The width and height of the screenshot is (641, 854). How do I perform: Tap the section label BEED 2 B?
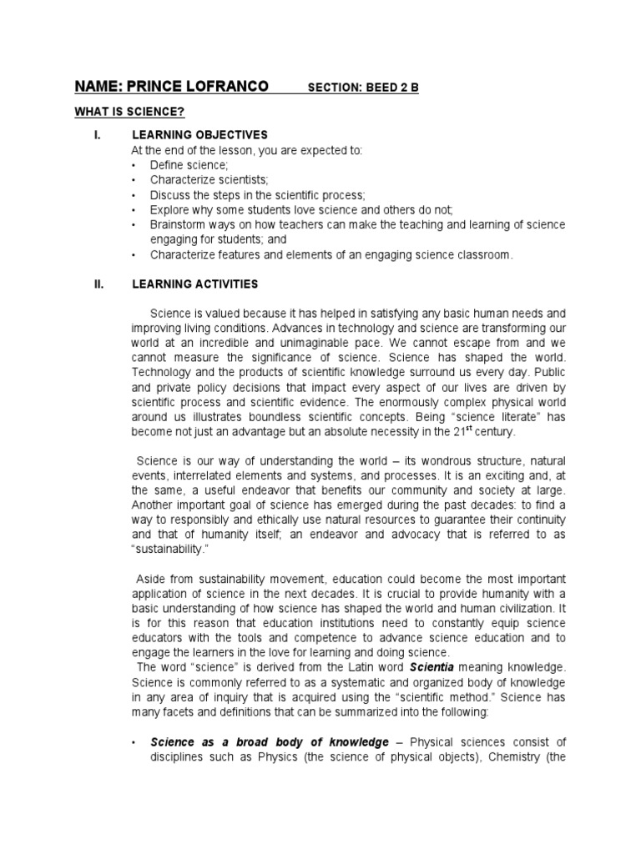point(389,88)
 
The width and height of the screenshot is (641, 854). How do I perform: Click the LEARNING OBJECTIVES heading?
point(199,134)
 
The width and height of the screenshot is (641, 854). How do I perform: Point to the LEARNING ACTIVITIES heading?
point(195,284)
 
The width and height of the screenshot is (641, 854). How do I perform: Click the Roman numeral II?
point(98,284)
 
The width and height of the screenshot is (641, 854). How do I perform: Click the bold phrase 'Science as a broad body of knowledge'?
point(270,742)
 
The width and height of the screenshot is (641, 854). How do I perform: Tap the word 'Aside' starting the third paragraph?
point(151,578)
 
